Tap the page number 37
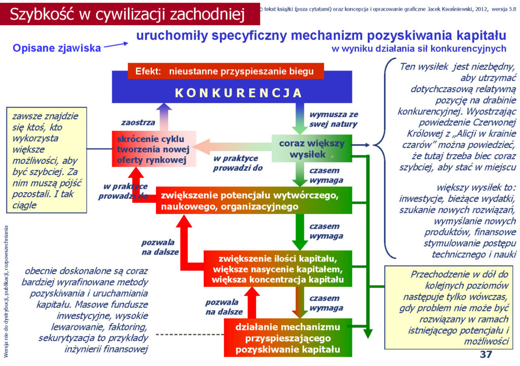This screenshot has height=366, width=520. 486,354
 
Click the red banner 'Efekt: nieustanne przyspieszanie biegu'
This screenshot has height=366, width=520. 225,71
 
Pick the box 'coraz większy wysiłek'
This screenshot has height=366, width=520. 312,148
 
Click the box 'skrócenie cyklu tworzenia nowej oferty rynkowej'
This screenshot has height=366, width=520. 154,149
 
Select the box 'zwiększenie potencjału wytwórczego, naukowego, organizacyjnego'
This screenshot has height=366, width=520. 254,200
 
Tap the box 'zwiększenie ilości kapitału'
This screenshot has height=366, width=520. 278,268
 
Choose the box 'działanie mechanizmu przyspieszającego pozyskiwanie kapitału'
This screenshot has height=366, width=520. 288,338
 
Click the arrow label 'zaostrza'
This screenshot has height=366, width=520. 138,123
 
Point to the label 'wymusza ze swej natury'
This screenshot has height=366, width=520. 334,119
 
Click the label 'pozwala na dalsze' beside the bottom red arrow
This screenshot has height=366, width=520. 224,307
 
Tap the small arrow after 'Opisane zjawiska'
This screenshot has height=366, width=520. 116,45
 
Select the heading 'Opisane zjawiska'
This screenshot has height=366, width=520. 57,48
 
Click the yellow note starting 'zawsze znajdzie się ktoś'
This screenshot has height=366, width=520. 46,160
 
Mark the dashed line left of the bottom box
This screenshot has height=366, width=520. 190,335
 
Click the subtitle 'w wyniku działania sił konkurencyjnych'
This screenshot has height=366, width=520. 419,49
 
